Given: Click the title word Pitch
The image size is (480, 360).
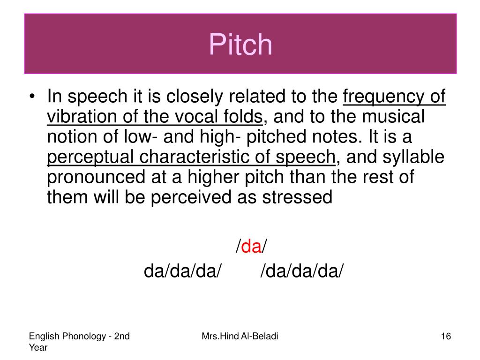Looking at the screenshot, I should pyautogui.click(x=240, y=45).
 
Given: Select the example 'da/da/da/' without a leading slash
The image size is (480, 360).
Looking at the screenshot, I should pyautogui.click(x=182, y=271).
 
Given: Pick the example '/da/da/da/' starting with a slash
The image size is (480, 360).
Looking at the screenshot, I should pyautogui.click(x=302, y=271).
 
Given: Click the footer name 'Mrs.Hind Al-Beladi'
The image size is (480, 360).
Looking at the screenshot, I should pyautogui.click(x=240, y=336).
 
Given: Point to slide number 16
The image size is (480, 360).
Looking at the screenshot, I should pyautogui.click(x=445, y=336).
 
